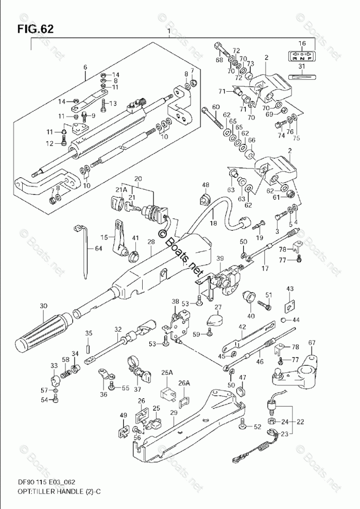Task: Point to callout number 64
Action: pos(98,249)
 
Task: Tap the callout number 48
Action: pos(205,185)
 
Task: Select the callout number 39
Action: pos(220,258)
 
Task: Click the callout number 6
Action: pos(85,66)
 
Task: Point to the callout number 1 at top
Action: pos(169,32)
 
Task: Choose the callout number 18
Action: pos(213,223)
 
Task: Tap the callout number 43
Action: pos(290,289)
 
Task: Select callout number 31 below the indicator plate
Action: pos(302,67)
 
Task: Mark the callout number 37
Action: pos(137,388)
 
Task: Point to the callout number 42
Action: pos(243,327)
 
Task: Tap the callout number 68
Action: pos(219,60)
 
